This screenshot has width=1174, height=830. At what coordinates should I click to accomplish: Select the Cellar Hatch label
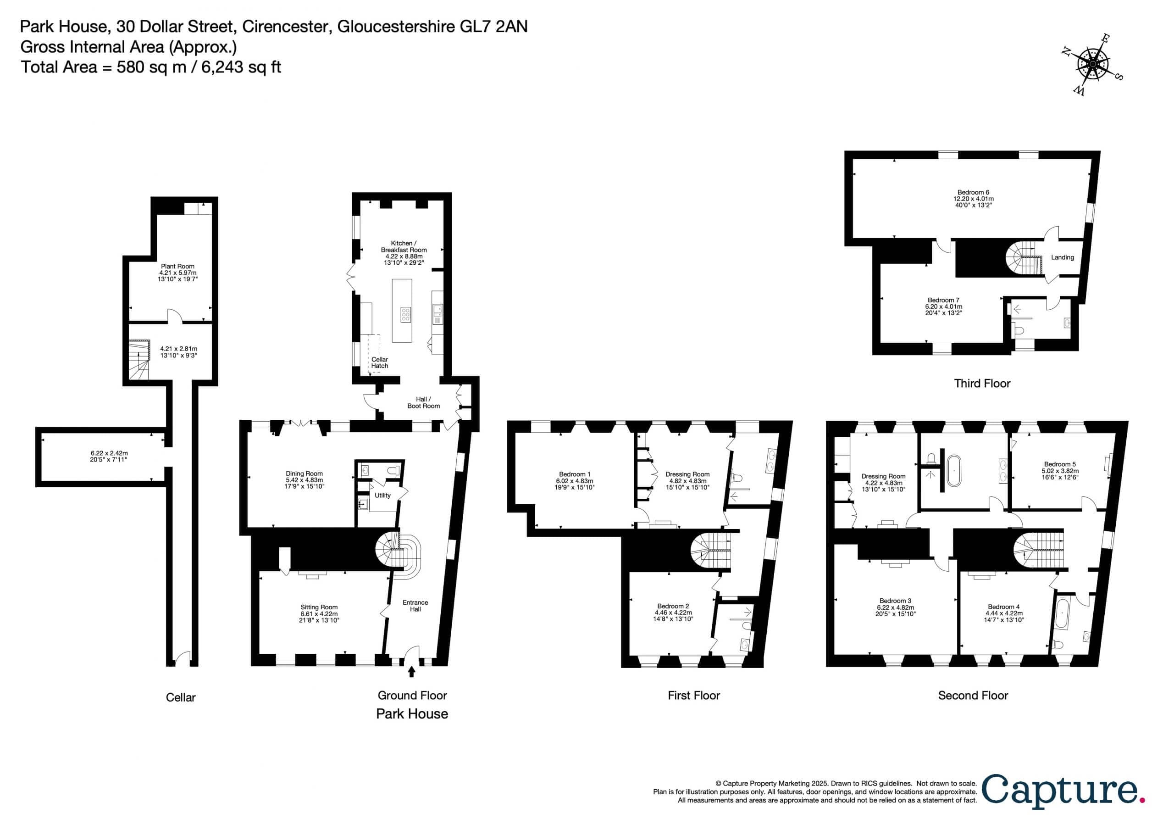(x=379, y=362)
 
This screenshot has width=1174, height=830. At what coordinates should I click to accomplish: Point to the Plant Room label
(x=177, y=266)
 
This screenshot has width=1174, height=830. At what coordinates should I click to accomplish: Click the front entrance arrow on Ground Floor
(x=412, y=671)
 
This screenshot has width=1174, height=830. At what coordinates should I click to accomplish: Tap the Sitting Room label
(x=319, y=607)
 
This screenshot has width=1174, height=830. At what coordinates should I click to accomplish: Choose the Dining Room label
(x=304, y=473)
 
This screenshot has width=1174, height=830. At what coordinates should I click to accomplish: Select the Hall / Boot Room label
(x=423, y=402)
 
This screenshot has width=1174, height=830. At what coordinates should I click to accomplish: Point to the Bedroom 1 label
(x=575, y=474)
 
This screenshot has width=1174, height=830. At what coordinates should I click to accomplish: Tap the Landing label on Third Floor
(x=1062, y=257)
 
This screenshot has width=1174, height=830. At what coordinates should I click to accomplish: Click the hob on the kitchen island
(x=405, y=314)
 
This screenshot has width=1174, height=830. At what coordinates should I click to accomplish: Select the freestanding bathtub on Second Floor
(x=955, y=469)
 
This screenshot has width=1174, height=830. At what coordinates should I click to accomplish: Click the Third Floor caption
(x=982, y=383)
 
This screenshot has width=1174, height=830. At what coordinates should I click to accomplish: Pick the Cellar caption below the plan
(x=181, y=697)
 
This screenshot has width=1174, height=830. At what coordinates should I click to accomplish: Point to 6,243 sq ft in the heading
(x=241, y=67)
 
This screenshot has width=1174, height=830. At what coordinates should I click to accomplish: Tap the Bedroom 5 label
(x=1060, y=464)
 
